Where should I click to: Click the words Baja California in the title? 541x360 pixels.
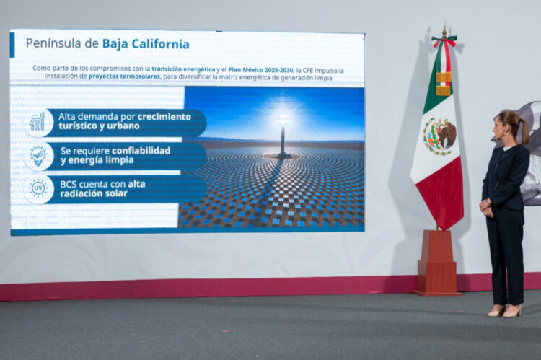pos(146,44)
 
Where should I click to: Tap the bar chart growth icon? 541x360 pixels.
pos(38,122)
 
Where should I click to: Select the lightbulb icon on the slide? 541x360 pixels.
pos(38,155)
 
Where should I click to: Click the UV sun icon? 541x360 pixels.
pos(38,189)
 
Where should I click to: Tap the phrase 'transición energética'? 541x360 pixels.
pos(183,69)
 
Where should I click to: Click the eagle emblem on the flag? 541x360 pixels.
pos(439,136)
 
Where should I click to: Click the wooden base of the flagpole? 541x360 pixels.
pos(437,263)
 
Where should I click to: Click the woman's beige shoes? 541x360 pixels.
pos(504,311)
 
